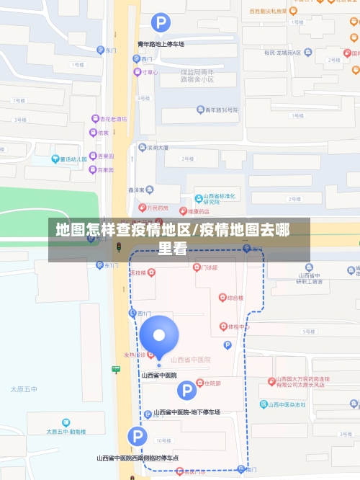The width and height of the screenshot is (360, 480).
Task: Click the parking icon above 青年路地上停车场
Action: point(161,23)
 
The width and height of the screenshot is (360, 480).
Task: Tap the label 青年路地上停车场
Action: point(161,44)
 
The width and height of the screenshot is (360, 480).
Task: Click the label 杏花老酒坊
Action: point(113,118)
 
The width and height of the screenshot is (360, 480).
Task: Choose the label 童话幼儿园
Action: point(73,159)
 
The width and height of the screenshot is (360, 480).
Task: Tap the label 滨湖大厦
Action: point(158,147)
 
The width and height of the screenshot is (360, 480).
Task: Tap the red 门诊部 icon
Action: point(197,267)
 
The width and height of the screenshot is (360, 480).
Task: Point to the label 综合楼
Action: point(235,297)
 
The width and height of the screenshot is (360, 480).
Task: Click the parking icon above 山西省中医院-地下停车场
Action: point(186,391)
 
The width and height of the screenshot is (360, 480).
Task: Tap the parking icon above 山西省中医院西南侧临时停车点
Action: point(138,436)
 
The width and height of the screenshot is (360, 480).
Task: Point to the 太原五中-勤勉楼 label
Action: point(66,431)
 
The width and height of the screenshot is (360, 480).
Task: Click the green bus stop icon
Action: point(116,370)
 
